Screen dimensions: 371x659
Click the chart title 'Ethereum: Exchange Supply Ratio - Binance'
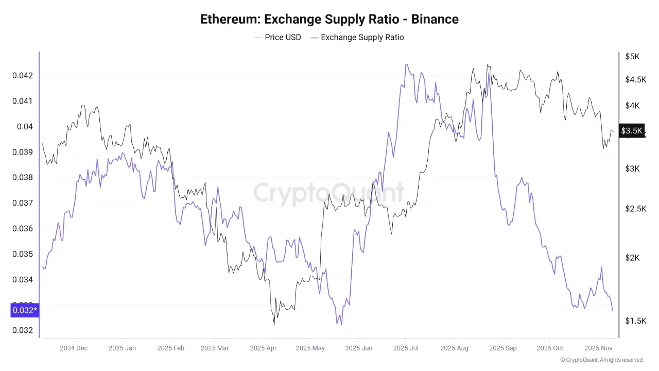329,20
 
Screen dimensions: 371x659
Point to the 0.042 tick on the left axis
22,76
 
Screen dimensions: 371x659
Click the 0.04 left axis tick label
25,127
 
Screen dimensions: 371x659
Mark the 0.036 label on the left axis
22,229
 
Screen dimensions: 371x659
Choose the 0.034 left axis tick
22,280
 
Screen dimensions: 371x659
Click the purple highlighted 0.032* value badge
24,310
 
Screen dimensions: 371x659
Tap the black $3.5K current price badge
632,131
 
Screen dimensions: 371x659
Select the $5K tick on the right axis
632,57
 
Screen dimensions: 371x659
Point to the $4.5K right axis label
635,79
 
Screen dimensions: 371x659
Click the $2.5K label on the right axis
635,209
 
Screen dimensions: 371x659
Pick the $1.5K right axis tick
635,321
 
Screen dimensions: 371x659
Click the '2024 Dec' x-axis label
74,348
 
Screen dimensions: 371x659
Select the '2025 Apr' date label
263,348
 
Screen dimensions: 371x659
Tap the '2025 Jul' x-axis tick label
405,348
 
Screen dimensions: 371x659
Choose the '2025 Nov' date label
598,348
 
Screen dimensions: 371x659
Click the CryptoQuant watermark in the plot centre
329,193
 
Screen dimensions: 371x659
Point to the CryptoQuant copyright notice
601,360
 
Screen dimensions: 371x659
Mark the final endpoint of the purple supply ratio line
612,311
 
